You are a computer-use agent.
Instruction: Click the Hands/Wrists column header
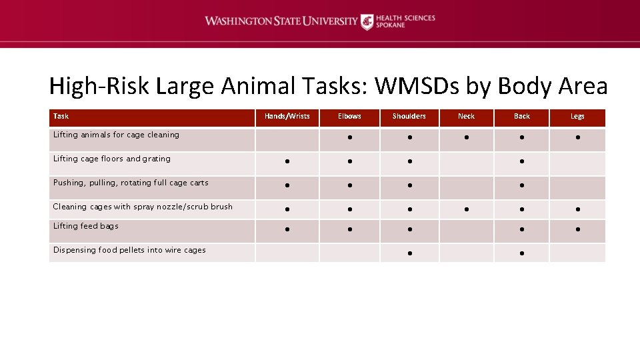pyautogui.click(x=287, y=117)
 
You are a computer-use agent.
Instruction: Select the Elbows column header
pyautogui.click(x=349, y=117)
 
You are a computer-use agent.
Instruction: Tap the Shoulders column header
pyautogui.click(x=409, y=117)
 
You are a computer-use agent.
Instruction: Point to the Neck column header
pyautogui.click(x=467, y=117)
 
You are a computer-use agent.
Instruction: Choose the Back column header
pyautogui.click(x=522, y=117)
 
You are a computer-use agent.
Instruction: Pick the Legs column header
pyautogui.click(x=577, y=117)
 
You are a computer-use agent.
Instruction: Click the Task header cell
pyautogui.click(x=61, y=117)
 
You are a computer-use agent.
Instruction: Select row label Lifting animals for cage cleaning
pyautogui.click(x=116, y=135)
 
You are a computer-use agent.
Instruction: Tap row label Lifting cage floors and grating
pyautogui.click(x=112, y=159)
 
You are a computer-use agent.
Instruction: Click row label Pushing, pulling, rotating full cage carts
pyautogui.click(x=131, y=183)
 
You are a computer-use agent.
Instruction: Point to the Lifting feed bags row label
pyautogui.click(x=86, y=226)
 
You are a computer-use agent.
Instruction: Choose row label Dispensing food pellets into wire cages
pyautogui.click(x=129, y=250)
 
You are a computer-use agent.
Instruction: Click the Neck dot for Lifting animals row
pyautogui.click(x=467, y=138)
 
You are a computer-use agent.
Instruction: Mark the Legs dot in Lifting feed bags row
pyautogui.click(x=577, y=229)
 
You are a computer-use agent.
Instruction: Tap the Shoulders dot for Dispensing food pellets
pyautogui.click(x=409, y=253)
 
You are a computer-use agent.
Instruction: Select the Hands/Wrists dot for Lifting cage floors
pyautogui.click(x=287, y=162)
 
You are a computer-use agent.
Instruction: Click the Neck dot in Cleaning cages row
pyautogui.click(x=467, y=210)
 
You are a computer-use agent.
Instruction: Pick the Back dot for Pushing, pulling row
pyautogui.click(x=522, y=186)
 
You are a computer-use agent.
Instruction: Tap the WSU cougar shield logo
pyautogui.click(x=367, y=22)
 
